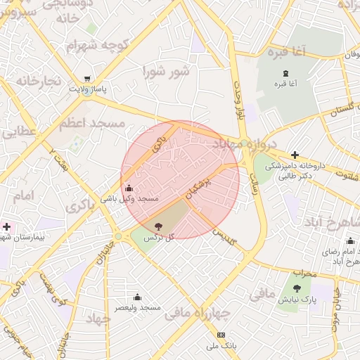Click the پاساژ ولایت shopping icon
pos(86,79)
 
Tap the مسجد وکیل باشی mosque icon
pos(129,188)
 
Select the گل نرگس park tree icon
pos(158,226)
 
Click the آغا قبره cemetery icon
pos(285,73)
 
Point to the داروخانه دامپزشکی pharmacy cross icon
pos(295,155)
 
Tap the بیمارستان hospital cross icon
pos(7,226)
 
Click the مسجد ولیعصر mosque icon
pos(137,296)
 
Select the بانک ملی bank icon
pos(221,335)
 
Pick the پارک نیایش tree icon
pos(297,288)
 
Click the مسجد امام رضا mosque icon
pos(350,241)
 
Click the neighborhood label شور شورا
pos(166,71)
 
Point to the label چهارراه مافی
pos(198,313)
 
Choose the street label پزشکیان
pos(199,183)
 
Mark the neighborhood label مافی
pos(262,294)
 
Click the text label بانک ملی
pos(223,346)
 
